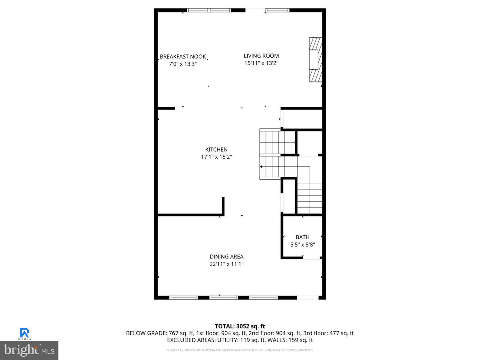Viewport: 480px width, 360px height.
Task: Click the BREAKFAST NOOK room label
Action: (183, 57)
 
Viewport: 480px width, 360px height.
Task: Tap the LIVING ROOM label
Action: (261, 56)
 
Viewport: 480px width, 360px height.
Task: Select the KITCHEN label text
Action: (216, 150)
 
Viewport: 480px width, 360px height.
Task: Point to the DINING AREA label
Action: (226, 257)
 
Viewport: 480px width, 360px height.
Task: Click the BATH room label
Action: (302, 237)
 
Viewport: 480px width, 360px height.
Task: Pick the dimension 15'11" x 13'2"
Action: (261, 63)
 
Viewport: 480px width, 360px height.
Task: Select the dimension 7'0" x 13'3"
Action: (183, 64)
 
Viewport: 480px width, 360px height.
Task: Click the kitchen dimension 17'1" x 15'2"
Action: (216, 157)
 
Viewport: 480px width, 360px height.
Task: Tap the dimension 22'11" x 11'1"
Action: (226, 264)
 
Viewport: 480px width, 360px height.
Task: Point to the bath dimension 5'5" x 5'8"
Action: (302, 244)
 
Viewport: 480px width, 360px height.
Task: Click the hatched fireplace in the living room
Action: (316, 60)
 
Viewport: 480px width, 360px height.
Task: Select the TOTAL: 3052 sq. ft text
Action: (240, 326)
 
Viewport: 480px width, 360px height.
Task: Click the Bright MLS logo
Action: (29, 350)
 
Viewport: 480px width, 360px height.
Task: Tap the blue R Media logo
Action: (25, 333)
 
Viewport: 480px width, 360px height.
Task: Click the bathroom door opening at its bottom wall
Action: (310, 258)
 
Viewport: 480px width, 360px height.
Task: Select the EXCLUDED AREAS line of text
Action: (240, 340)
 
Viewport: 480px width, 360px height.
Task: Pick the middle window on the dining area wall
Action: (224, 298)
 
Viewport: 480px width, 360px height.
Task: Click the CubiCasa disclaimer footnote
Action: (240, 350)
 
